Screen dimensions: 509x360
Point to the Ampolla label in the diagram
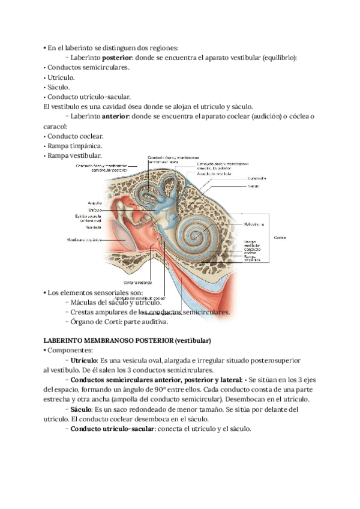pyautogui.click(x=94, y=203)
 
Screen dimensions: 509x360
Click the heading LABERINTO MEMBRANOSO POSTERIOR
pyautogui.click(x=127, y=341)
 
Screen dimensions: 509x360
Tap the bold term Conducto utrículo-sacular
pyautogui.click(x=112, y=429)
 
